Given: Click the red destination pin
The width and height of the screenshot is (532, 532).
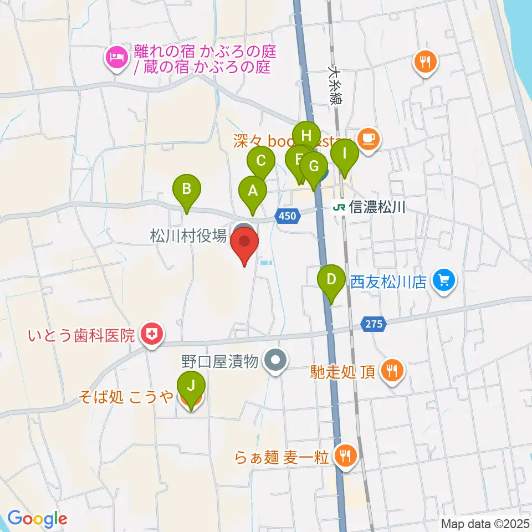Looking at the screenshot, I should tap(244, 245).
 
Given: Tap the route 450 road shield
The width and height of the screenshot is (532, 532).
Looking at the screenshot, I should tap(288, 216).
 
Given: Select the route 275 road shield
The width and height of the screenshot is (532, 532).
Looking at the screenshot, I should tap(374, 324).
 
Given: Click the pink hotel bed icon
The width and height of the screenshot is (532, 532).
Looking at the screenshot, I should tap(116, 57).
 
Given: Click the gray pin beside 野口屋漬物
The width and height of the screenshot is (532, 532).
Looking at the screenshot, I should tap(275, 362).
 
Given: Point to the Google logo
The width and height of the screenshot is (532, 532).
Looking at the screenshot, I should tap(37, 518).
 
